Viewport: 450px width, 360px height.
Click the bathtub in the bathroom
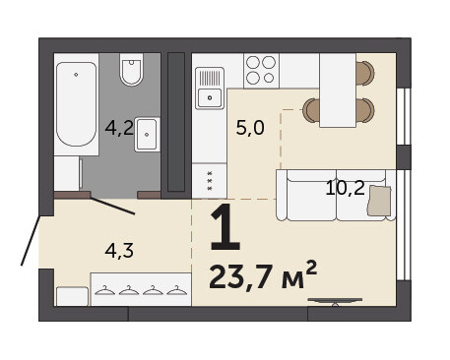coord(76,104)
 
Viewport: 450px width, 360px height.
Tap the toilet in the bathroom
coord(131,70)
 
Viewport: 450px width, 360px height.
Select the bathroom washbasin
coord(147,135)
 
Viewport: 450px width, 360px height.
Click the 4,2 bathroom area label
coord(119,128)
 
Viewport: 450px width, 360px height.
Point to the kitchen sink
coord(210,88)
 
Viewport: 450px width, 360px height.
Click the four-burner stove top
coord(261,71)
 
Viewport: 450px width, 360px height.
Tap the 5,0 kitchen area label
coord(250,128)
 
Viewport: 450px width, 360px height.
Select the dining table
coord(338,90)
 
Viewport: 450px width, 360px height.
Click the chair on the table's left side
coord(311,110)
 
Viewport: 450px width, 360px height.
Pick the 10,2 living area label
coord(346,188)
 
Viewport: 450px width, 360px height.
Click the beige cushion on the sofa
coord(379,201)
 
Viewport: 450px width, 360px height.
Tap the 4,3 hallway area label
coord(119,252)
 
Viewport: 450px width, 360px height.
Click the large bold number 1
coord(225,227)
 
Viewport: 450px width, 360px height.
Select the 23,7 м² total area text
coord(263,276)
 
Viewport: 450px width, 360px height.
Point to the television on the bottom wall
coord(335,302)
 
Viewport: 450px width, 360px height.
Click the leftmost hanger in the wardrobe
coord(104,290)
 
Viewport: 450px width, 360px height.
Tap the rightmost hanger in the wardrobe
coord(177,290)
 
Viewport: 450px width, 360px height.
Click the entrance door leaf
coord(31,240)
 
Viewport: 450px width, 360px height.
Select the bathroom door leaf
coord(112,206)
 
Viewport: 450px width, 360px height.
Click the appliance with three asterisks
coord(210,181)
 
